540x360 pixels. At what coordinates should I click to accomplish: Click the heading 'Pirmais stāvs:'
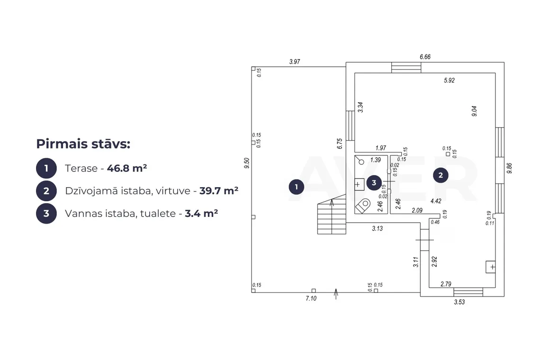point(83,144)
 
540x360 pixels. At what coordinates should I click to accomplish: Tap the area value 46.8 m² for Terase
point(127,168)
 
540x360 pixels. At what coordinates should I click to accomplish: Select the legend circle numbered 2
point(46,191)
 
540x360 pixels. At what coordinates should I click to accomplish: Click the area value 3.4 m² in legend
point(201,213)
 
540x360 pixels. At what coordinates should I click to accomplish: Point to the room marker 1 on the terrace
point(296,187)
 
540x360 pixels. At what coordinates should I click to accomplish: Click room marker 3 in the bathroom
point(374,182)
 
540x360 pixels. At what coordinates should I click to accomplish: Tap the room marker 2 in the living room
point(441,175)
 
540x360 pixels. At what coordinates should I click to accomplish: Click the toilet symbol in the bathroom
point(363,206)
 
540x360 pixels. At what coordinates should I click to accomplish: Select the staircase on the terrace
point(332,214)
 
